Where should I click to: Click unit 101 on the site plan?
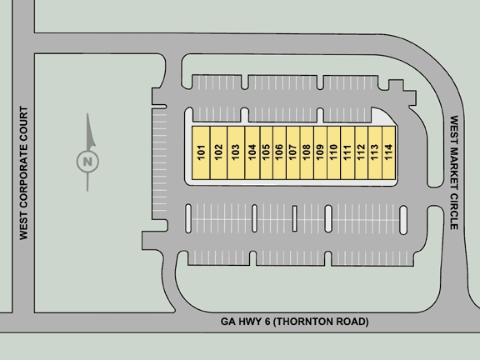coord(201,152)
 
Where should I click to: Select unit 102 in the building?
coord(218,152)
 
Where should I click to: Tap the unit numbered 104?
coord(252,152)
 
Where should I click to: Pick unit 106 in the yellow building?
coord(279,152)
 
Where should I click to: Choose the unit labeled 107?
coord(293,152)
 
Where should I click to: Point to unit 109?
coord(320,152)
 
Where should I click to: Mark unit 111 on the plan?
coord(347,152)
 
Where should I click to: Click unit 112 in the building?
coord(361,152)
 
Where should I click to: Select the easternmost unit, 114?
coord(389,152)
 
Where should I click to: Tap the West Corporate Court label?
coord(23,173)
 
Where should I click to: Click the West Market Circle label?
coord(454,172)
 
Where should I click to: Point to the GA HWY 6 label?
coord(245,322)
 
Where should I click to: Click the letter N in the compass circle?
coord(87,162)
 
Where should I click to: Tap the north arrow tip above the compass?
coord(87,114)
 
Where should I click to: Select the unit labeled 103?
coord(236,152)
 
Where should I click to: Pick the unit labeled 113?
coord(375,152)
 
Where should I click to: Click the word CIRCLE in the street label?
coord(454,211)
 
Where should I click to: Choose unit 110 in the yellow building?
coord(333,152)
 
